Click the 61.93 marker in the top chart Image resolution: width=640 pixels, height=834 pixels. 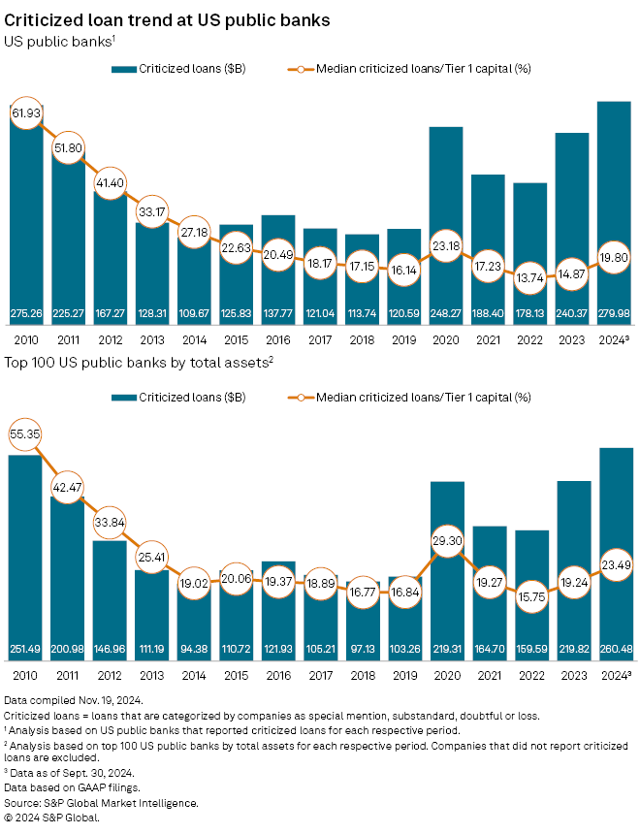[26, 113]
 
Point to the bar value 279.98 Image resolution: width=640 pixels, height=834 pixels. [615, 313]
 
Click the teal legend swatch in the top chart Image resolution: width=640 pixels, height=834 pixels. [124, 70]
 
